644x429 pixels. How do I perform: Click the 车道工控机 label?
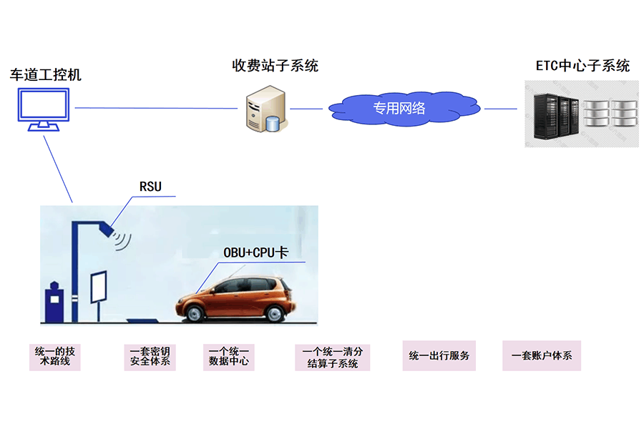(x=46, y=74)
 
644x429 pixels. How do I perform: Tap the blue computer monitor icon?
(x=44, y=109)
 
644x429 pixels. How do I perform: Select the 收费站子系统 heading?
(x=275, y=65)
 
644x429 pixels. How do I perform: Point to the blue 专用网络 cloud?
(x=404, y=109)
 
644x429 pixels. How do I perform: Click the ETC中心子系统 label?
(x=582, y=66)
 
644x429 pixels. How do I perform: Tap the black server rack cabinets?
(x=556, y=117)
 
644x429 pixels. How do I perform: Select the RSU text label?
(x=150, y=187)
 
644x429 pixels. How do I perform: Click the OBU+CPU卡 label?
(x=256, y=252)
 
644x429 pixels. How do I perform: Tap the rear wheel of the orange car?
(x=274, y=314)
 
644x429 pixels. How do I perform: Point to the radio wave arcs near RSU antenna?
(x=122, y=240)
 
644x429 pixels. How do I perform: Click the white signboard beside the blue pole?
(x=99, y=287)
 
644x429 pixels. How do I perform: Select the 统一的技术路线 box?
(x=55, y=357)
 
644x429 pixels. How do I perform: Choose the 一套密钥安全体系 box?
(x=150, y=357)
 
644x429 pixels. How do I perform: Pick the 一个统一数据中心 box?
(x=229, y=357)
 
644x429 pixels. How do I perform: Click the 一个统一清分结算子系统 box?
(x=333, y=357)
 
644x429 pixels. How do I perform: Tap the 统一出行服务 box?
(x=439, y=355)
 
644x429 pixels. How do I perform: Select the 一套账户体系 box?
(x=542, y=355)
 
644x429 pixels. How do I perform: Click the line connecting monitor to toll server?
(x=156, y=109)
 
